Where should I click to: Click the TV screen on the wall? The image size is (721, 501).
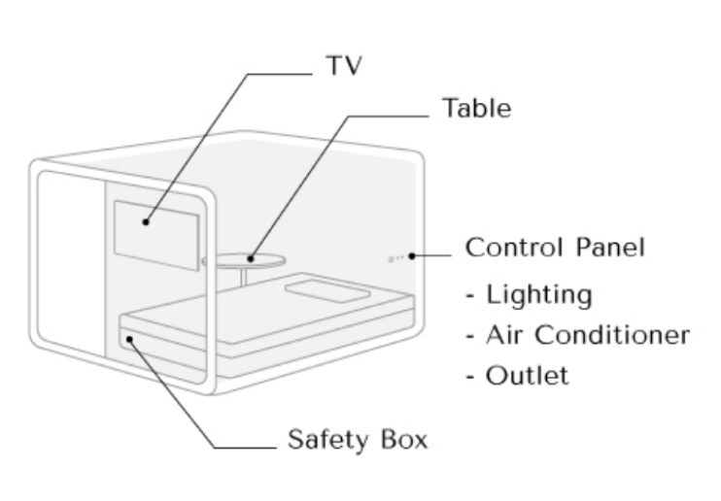pos(155,234)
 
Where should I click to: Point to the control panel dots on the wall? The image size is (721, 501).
pos(395,258)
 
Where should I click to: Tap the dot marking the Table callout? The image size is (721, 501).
pos(250,257)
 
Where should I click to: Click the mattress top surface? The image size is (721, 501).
pos(262,316)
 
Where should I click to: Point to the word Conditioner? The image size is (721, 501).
pos(623,334)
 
